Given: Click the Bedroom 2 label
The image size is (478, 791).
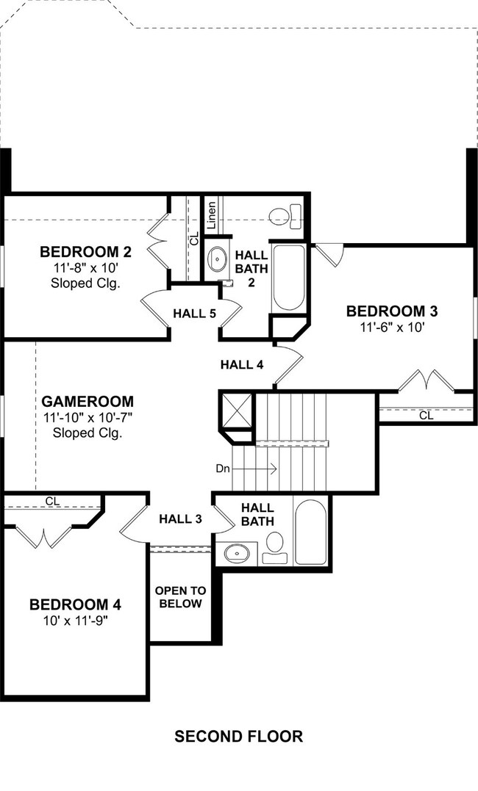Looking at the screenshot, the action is [86, 251].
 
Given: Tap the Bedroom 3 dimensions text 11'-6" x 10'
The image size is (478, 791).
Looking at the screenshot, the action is [392, 327].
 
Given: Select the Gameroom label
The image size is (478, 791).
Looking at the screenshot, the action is [88, 402].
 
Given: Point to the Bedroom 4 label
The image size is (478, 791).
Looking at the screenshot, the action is [75, 604].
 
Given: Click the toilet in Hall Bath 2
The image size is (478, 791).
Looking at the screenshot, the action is [285, 217].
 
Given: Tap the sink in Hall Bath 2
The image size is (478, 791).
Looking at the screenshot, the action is [218, 259].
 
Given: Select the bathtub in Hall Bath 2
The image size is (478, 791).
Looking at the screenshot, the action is [288, 277].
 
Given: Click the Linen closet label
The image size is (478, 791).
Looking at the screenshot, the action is [211, 215].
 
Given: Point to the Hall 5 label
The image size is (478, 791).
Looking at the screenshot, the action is [195, 314].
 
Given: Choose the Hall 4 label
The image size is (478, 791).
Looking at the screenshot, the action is [242, 364].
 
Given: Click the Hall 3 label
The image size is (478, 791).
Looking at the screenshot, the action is [180, 519].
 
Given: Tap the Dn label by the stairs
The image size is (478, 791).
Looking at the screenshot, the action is [223, 469].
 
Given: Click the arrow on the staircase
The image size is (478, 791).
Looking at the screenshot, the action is [254, 469].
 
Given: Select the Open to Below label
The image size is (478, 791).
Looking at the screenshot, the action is [180, 597].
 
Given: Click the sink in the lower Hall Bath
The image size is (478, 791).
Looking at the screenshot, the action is [237, 553].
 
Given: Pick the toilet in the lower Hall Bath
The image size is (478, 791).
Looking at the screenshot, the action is [275, 548].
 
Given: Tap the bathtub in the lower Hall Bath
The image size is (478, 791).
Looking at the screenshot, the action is [310, 532].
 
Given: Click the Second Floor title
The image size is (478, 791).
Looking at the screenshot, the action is [238, 737].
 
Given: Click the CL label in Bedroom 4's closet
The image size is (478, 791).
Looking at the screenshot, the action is [52, 502].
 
